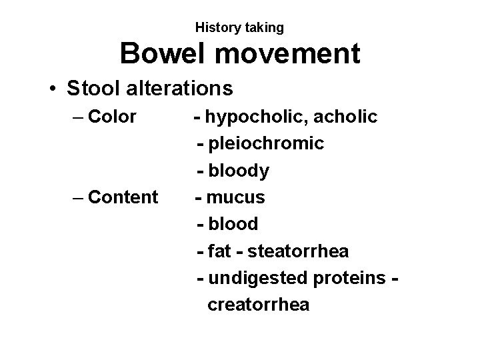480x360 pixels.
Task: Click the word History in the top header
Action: [x=216, y=27]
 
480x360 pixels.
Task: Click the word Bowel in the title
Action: [x=161, y=53]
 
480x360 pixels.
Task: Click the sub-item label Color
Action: [x=112, y=117]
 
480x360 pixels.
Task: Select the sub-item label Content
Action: [x=123, y=197]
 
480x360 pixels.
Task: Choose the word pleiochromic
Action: [x=267, y=144]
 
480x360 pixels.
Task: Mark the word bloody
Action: [x=239, y=171]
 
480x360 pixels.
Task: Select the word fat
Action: [x=219, y=251]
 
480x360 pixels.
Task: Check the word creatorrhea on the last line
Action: [x=259, y=305]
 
